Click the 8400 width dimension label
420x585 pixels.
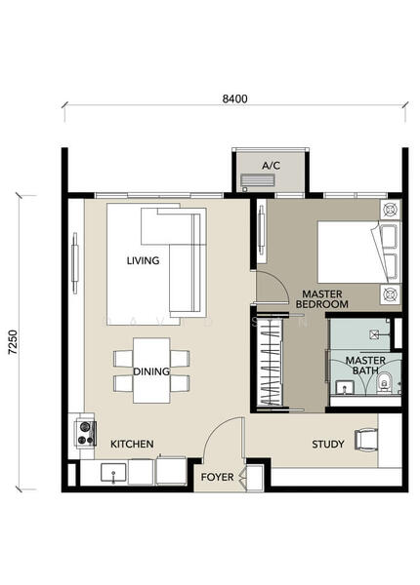[x=234, y=98]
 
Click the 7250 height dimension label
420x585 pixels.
[x=13, y=342]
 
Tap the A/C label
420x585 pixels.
[x=271, y=166]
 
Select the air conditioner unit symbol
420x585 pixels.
[x=258, y=181]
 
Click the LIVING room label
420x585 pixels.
[x=143, y=260]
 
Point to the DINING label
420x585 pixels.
[x=151, y=371]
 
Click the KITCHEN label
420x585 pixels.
[x=132, y=444]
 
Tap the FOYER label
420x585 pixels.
[x=217, y=477]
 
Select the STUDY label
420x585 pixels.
[x=328, y=444]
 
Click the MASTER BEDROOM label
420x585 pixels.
[x=322, y=299]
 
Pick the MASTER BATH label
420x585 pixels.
[x=365, y=366]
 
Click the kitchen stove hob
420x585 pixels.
[x=86, y=433]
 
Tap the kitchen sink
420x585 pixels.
[x=113, y=473]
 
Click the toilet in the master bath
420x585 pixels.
[x=383, y=383]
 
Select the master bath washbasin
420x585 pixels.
[x=344, y=387]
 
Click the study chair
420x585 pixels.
[x=366, y=441]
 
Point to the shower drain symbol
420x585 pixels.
[x=374, y=334]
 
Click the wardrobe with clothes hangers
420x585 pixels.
[x=270, y=363]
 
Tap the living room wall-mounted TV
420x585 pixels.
[x=75, y=263]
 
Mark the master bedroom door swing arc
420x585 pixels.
[x=278, y=281]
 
